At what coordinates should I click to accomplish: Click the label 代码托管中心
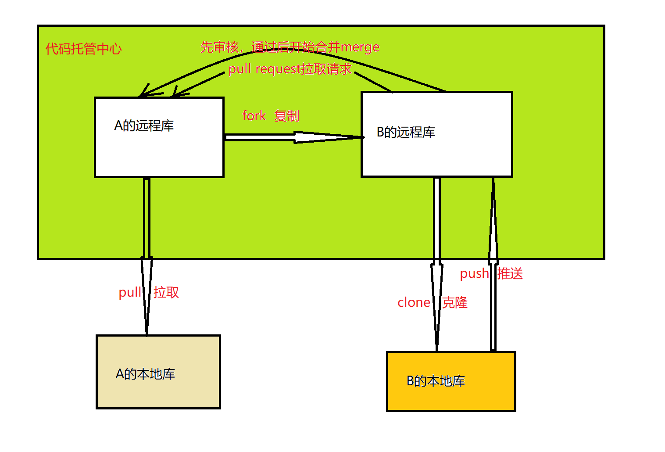[x=83, y=49]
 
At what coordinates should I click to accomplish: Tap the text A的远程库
[x=144, y=126]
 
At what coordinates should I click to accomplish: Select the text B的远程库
[x=406, y=132]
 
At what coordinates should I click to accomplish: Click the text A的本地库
[x=145, y=374]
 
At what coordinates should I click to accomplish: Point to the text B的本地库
[x=436, y=381]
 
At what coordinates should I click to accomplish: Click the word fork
[x=254, y=116]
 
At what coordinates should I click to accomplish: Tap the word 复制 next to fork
[x=287, y=116]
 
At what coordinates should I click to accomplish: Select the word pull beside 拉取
[x=130, y=292]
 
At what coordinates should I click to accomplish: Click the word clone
[x=414, y=302]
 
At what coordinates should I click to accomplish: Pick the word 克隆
[x=455, y=302]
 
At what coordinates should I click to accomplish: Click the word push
[x=474, y=274]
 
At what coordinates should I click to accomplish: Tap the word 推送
[x=510, y=274]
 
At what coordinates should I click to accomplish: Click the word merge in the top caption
[x=360, y=47]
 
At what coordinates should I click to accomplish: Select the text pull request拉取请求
[x=290, y=69]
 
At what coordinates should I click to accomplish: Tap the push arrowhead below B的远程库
[x=493, y=219]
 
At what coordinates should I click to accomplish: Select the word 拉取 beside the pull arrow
[x=166, y=292]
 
